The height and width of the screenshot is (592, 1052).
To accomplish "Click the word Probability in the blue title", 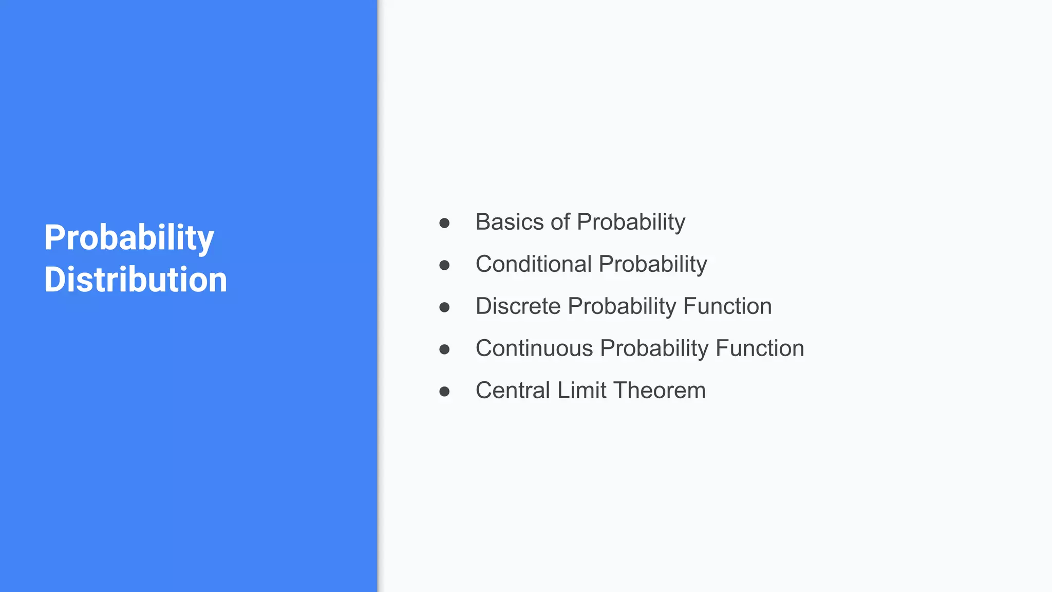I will click(128, 238).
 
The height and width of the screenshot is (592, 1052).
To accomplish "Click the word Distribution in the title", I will click(135, 280).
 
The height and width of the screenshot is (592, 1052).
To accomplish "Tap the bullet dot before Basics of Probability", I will click(444, 223).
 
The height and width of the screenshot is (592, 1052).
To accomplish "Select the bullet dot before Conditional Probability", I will click(444, 265).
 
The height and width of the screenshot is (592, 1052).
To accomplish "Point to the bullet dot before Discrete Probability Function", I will click(444, 307).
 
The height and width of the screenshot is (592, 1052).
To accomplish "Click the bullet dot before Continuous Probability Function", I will click(444, 349).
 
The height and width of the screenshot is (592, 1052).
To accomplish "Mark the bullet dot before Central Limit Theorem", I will click(444, 392).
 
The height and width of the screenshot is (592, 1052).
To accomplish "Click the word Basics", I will click(509, 222).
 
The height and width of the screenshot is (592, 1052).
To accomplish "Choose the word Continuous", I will click(534, 348).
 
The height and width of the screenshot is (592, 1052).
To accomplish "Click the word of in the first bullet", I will click(560, 222).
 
